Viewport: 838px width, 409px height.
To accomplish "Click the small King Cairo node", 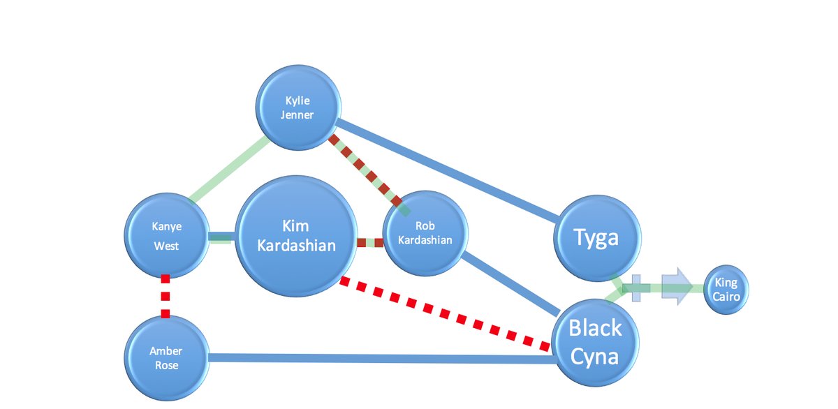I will (726, 289).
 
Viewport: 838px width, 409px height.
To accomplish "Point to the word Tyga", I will (596, 238).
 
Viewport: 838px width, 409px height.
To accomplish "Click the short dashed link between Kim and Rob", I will (370, 243).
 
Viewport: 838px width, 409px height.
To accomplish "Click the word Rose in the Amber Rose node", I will (166, 365).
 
